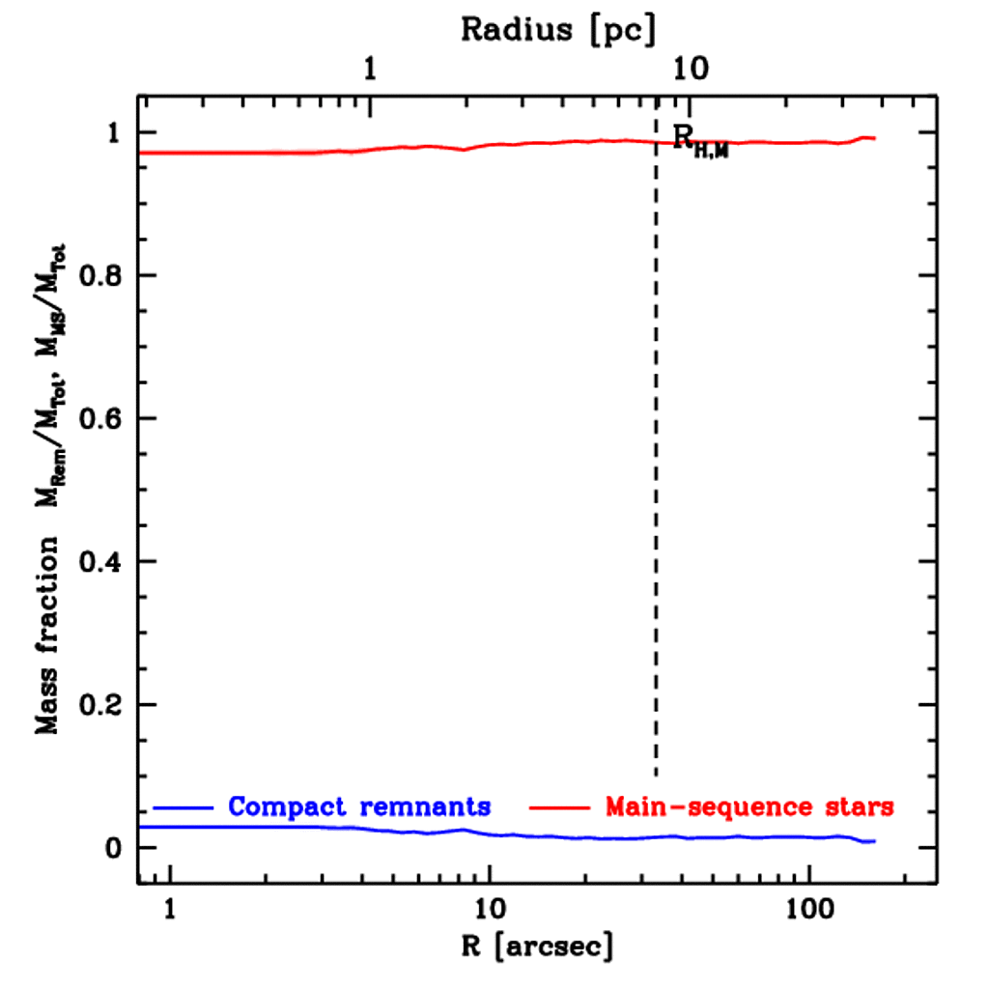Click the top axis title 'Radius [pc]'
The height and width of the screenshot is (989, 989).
[558, 30]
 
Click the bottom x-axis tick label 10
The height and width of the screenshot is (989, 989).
[491, 908]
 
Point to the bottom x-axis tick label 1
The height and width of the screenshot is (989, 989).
[171, 908]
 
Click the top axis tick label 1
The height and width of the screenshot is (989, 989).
[371, 70]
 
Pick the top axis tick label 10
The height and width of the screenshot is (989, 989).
[690, 70]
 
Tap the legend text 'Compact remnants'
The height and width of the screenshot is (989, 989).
[359, 806]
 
